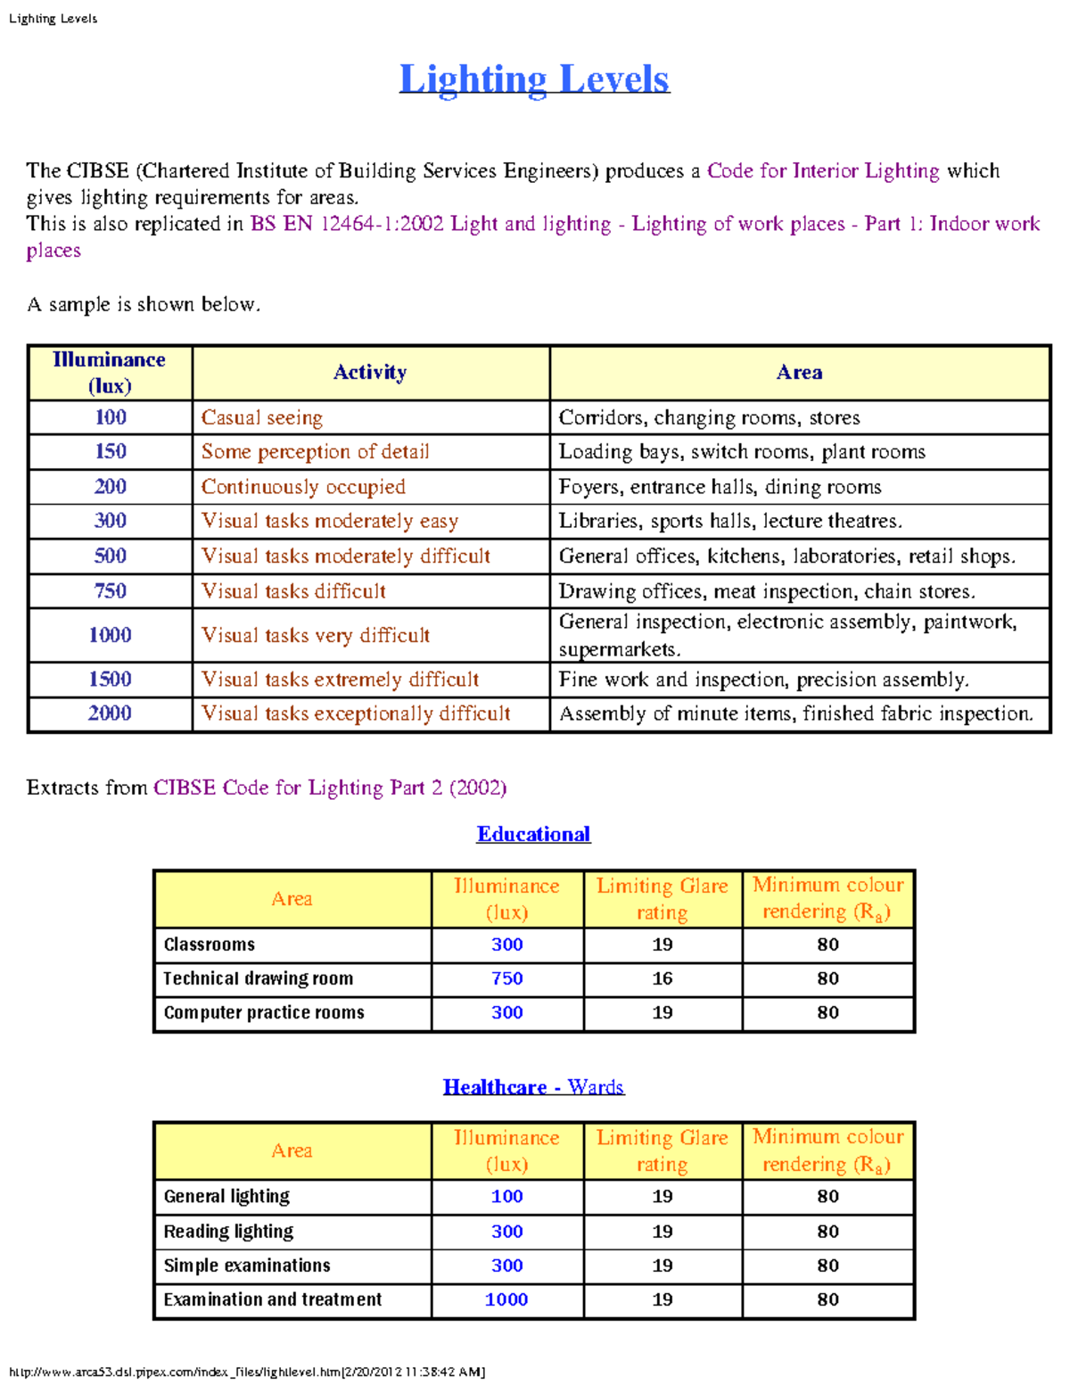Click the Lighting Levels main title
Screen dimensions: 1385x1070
pyautogui.click(x=534, y=79)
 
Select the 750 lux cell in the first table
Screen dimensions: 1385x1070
pyautogui.click(x=111, y=590)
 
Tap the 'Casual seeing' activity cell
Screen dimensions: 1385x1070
pyautogui.click(x=262, y=417)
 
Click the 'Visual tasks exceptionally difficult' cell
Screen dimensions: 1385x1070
pyautogui.click(x=356, y=713)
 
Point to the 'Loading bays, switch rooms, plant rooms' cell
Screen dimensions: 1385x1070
pyautogui.click(x=742, y=451)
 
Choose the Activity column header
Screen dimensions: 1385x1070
pyautogui.click(x=370, y=372)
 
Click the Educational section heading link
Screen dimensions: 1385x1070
pyautogui.click(x=533, y=834)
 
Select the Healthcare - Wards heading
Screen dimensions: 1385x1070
pyautogui.click(x=533, y=1086)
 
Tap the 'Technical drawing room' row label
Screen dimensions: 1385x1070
pyautogui.click(x=259, y=978)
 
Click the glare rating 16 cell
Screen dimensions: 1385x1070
pyautogui.click(x=662, y=978)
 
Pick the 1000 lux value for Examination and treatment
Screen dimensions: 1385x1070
pyautogui.click(x=506, y=1299)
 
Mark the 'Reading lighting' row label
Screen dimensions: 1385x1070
pyautogui.click(x=228, y=1231)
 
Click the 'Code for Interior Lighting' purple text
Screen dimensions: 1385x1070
pyautogui.click(x=823, y=170)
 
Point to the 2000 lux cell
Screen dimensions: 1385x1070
pyautogui.click(x=111, y=713)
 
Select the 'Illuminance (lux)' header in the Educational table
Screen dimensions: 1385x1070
pyautogui.click(x=506, y=898)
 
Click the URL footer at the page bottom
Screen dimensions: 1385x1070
pyautogui.click(x=247, y=1372)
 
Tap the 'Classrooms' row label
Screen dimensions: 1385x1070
pyautogui.click(x=210, y=944)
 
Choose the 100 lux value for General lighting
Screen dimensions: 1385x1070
pyautogui.click(x=506, y=1196)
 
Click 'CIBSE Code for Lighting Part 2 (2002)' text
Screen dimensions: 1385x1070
pyautogui.click(x=330, y=787)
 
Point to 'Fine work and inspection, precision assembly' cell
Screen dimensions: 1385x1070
pyautogui.click(x=763, y=680)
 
